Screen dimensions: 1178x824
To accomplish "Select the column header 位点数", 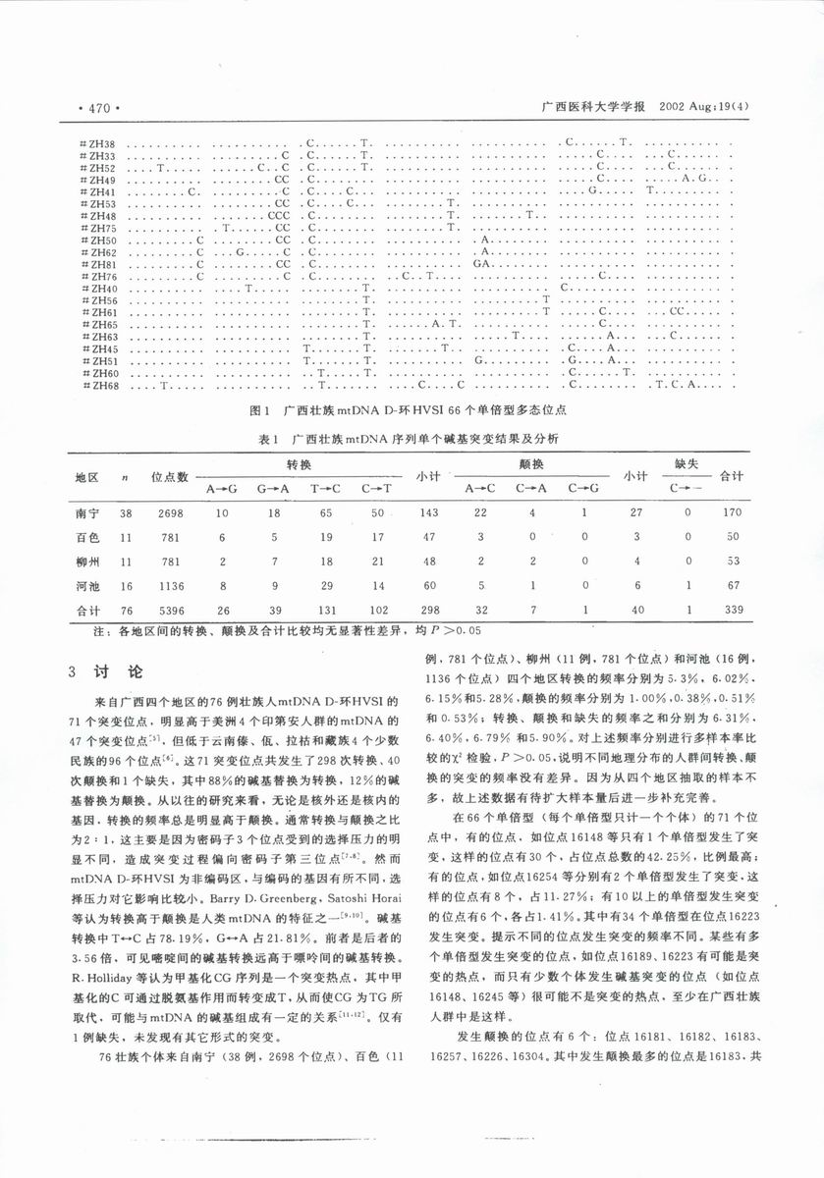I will pos(169,476).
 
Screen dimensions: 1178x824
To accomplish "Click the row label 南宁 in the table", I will pos(86,511).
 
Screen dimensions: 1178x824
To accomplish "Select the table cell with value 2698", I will pos(169,511).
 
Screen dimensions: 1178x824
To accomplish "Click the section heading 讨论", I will pos(122,672).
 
